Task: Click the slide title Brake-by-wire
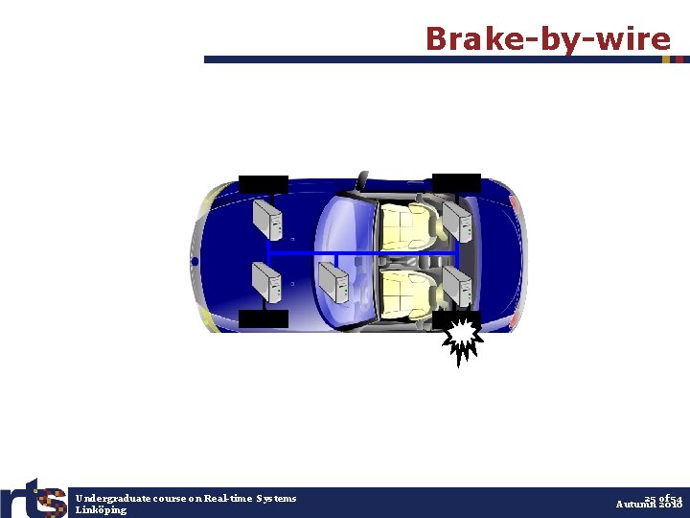(x=547, y=39)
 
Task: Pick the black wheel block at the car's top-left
(x=263, y=184)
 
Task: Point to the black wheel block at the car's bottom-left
(x=263, y=318)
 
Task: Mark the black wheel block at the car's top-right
(x=457, y=182)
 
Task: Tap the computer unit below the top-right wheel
(x=458, y=223)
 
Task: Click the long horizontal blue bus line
(x=364, y=253)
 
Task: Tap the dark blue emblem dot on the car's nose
(x=195, y=261)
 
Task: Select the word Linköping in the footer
(x=101, y=509)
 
